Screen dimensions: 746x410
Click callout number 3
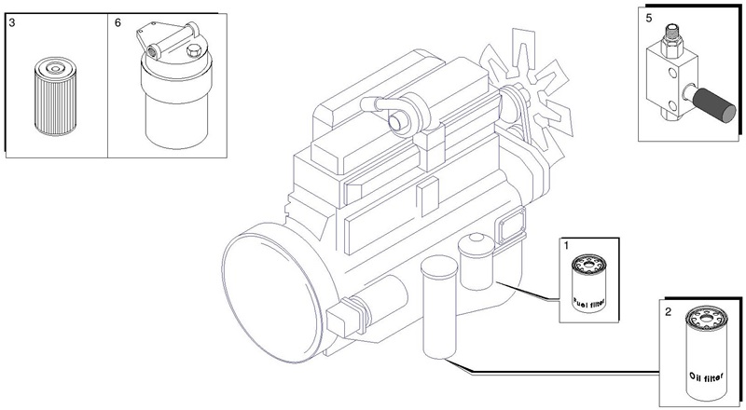point(12,23)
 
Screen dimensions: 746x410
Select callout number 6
point(118,23)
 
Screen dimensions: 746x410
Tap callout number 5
point(649,18)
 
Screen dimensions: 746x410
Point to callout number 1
point(566,246)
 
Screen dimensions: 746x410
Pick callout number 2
point(668,312)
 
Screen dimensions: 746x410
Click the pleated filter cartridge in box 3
point(56,97)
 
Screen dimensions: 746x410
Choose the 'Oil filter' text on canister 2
point(706,377)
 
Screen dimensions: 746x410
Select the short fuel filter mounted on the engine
point(476,262)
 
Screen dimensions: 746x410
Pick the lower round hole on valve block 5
point(670,105)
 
